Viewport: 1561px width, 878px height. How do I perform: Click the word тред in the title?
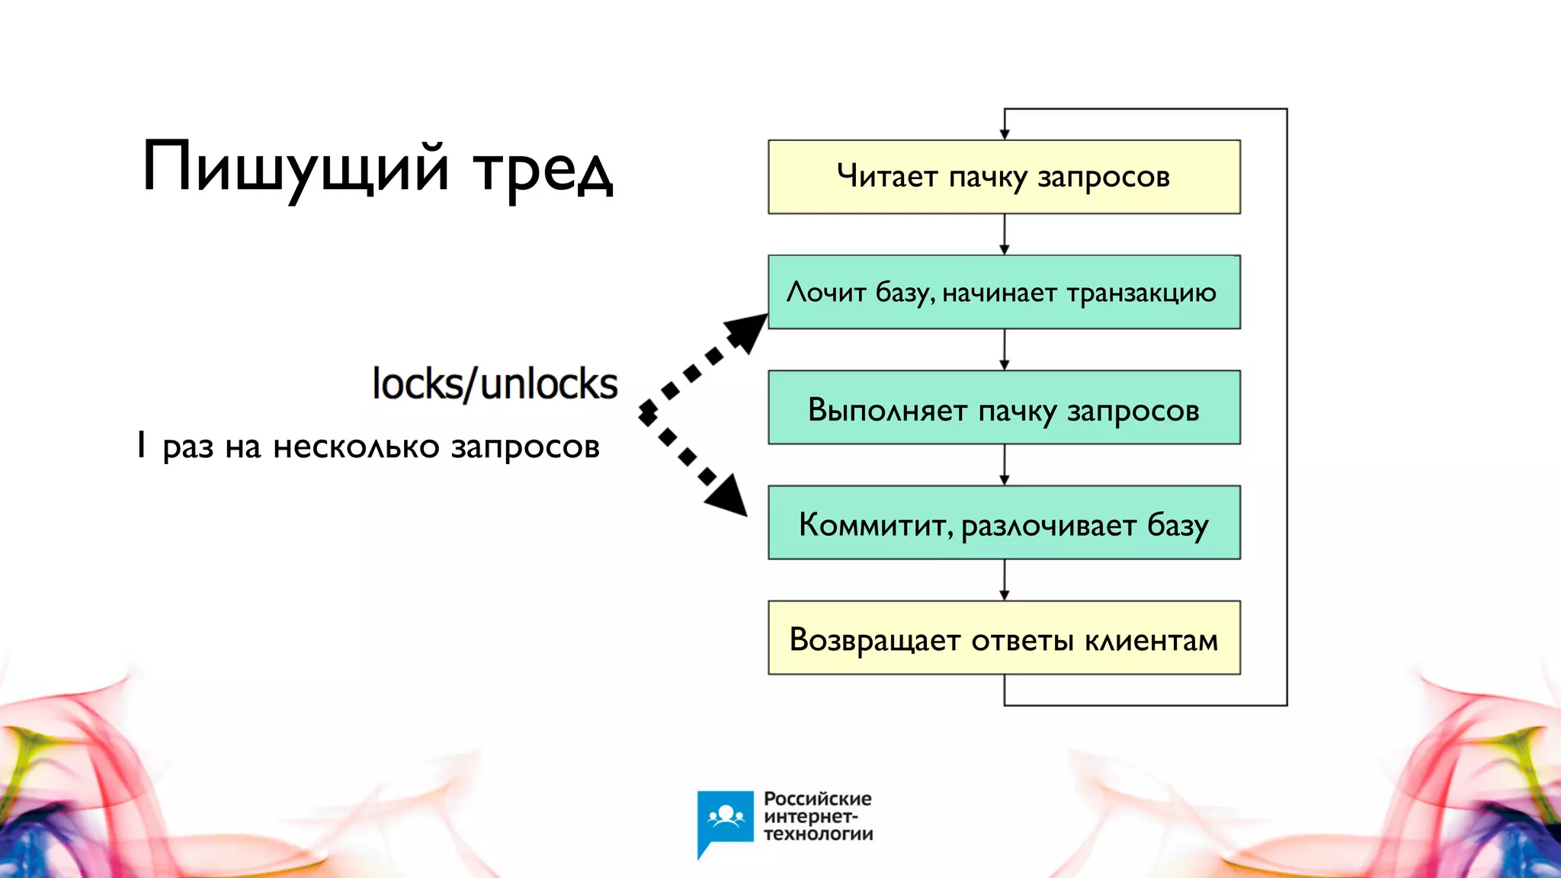543,171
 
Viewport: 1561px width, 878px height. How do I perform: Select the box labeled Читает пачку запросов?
1004,177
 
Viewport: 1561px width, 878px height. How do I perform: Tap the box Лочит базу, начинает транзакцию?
1004,292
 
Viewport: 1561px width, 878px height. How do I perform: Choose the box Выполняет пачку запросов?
1004,408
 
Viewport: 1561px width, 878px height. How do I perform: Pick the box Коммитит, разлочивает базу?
1004,523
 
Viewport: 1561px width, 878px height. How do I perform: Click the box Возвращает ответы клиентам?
1004,638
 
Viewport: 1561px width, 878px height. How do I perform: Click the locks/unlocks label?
495,383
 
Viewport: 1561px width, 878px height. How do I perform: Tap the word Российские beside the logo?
817,799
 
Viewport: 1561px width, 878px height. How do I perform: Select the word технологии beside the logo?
818,834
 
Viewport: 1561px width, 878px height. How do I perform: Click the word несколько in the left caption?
356,447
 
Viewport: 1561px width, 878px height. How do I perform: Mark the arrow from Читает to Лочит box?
1004,235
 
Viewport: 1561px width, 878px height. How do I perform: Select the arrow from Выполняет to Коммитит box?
1004,465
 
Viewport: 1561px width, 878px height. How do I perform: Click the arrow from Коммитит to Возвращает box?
1004,580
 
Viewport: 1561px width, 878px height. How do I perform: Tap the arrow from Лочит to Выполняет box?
1004,350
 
